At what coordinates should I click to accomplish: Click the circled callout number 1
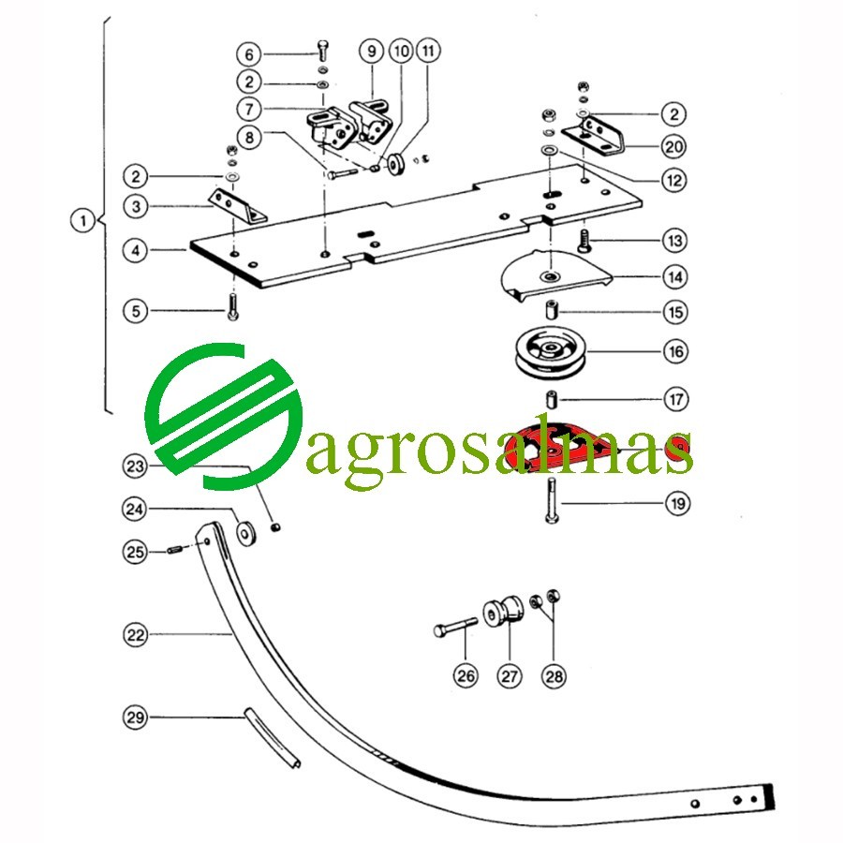pos(82,220)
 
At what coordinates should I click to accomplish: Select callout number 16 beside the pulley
pos(675,351)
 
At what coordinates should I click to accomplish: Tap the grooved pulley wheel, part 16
pos(551,352)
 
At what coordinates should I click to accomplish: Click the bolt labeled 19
pos(552,500)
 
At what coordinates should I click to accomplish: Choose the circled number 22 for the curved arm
pos(135,634)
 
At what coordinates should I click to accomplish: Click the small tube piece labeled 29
pos(272,737)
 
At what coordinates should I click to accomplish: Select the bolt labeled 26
pos(455,627)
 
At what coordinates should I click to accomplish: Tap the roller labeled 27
pos(503,612)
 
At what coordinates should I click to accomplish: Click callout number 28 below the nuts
pos(554,675)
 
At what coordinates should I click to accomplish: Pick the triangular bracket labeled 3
pos(237,205)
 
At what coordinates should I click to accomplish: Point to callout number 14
pos(675,277)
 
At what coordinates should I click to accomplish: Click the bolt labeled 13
pos(584,241)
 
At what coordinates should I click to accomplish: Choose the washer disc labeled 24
pos(246,533)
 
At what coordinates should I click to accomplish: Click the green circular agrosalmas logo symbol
pos(223,417)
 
